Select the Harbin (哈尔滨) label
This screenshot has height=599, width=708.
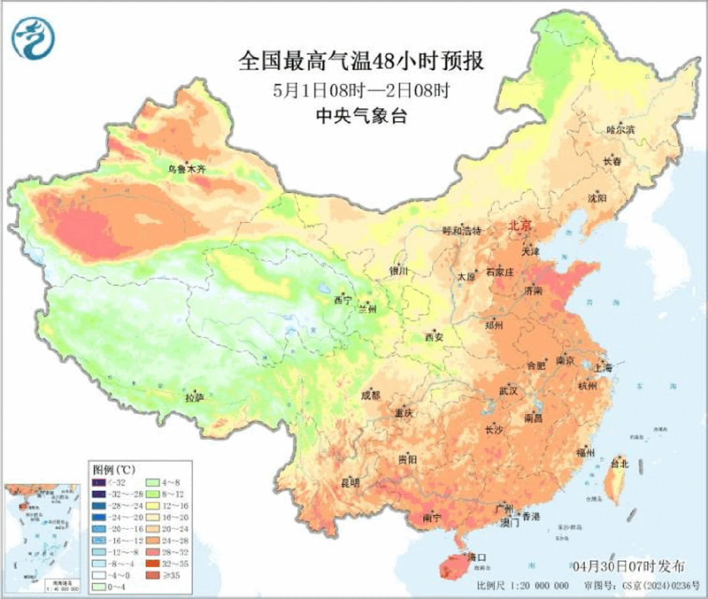pyautogui.click(x=621, y=130)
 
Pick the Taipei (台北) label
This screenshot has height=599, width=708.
pyautogui.click(x=619, y=464)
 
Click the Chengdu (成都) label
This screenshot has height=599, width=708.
pyautogui.click(x=370, y=395)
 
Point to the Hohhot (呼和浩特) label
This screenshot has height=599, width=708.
pyautogui.click(x=462, y=230)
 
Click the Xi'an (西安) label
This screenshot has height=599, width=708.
pyautogui.click(x=434, y=337)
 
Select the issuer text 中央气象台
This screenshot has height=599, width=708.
pyautogui.click(x=361, y=116)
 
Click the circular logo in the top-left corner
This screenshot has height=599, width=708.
pyautogui.click(x=33, y=38)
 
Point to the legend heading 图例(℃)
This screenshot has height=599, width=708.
pyautogui.click(x=114, y=470)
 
